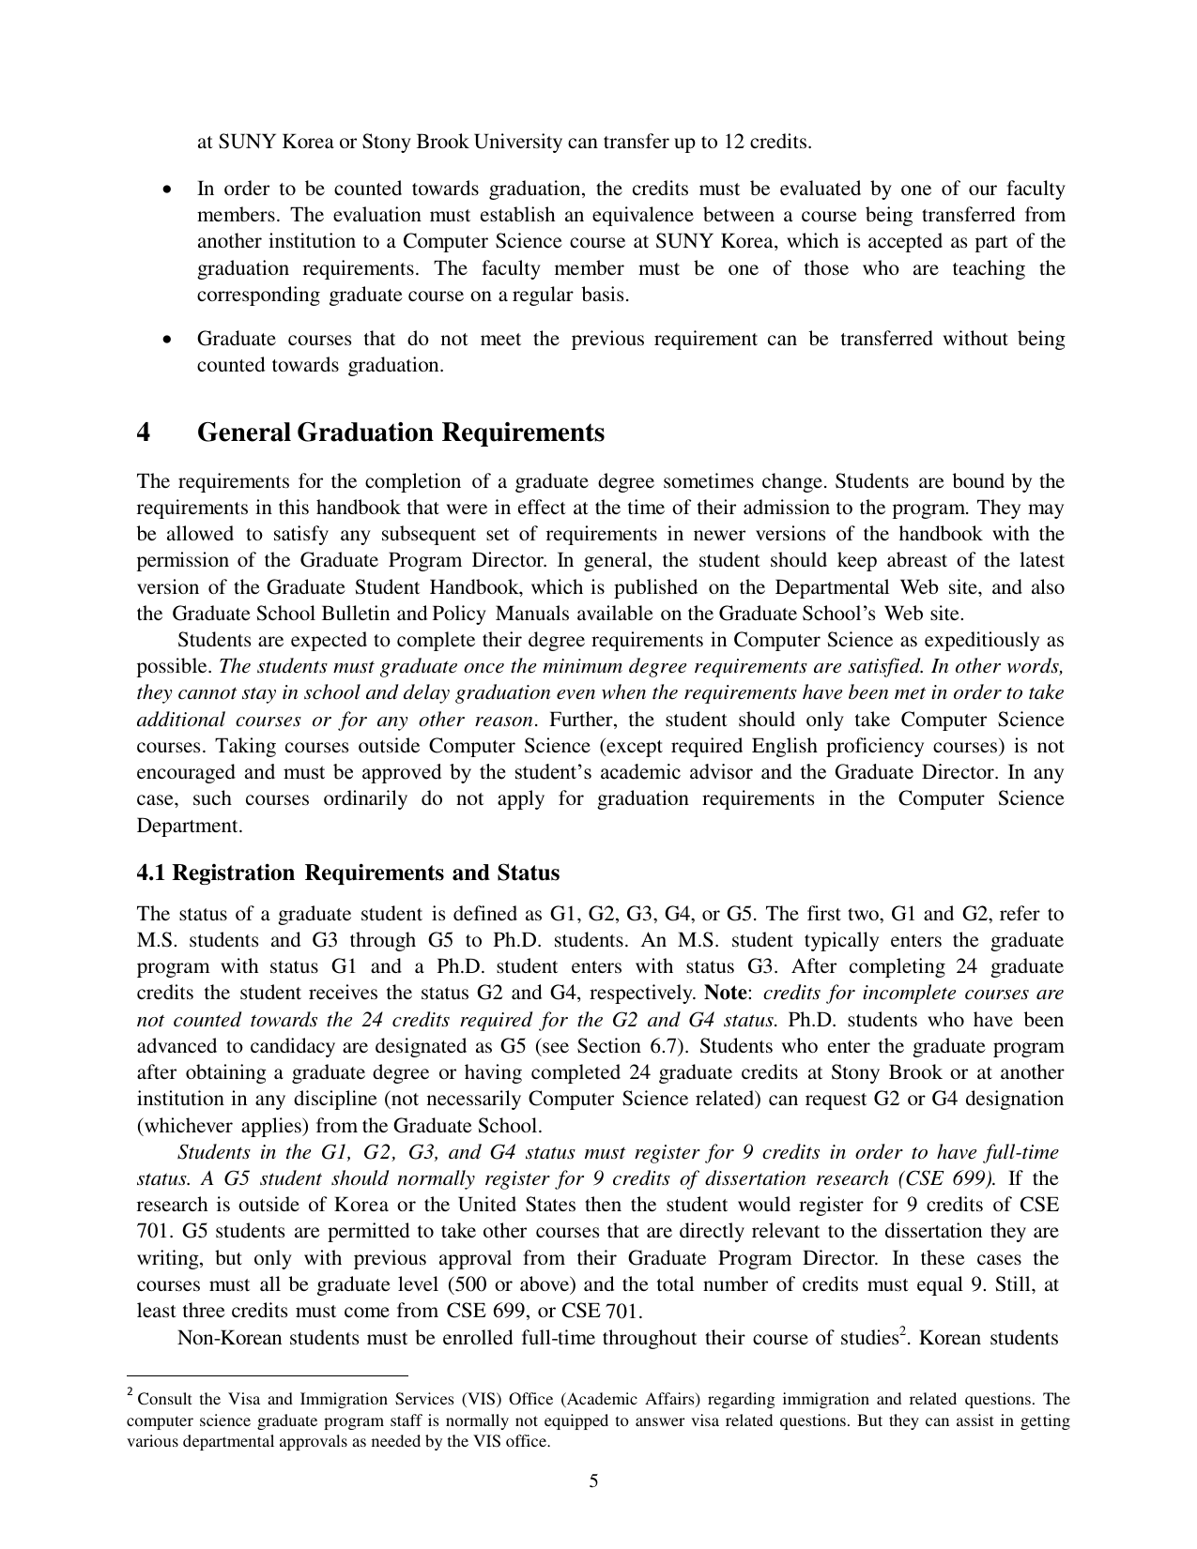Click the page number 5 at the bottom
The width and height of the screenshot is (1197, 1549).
tap(593, 1482)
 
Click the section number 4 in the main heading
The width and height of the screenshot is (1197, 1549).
tap(144, 433)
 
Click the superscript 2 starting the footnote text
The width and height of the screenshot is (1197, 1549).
tap(130, 1395)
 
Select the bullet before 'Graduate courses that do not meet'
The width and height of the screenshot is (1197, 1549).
tap(167, 340)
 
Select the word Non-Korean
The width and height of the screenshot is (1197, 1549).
tap(229, 1338)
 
